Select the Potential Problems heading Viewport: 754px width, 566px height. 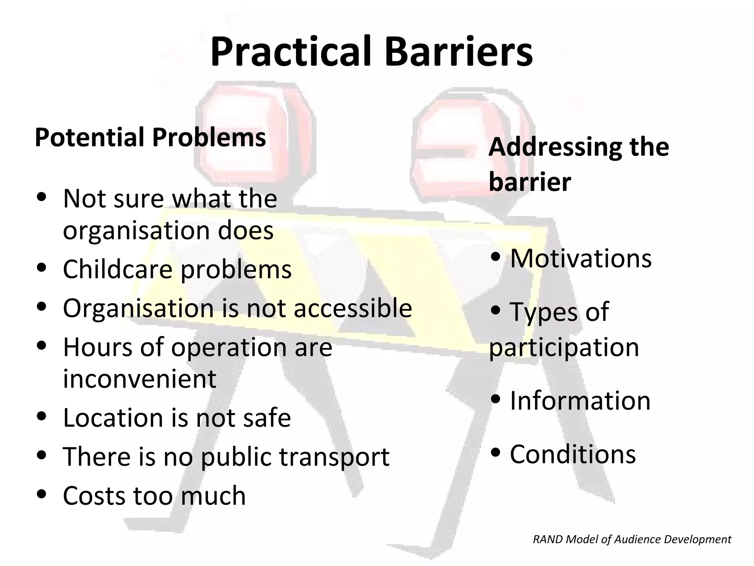[150, 137]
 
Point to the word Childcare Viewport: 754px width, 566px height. [117, 269]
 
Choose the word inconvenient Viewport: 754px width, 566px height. [140, 379]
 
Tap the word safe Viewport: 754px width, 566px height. [266, 417]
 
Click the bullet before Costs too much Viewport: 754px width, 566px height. [42, 494]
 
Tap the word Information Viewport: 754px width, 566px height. [580, 401]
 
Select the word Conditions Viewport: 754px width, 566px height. [572, 454]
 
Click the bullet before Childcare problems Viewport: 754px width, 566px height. [42, 267]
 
